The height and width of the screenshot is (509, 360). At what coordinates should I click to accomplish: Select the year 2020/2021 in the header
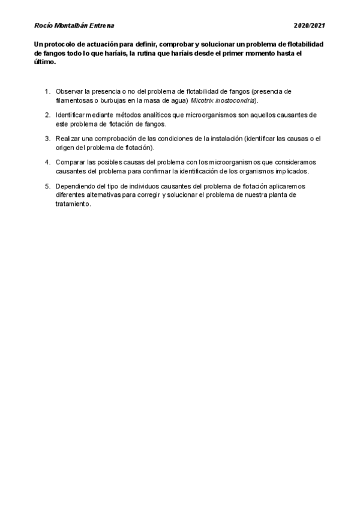(310, 26)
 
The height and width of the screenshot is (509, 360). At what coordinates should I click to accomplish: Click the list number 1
(47, 91)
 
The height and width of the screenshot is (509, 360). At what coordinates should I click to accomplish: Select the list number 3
(47, 139)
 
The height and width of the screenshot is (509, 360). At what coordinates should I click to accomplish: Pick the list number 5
(47, 185)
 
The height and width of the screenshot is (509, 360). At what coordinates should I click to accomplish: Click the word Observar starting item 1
(70, 91)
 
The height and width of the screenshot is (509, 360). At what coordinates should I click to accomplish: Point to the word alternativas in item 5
(103, 194)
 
